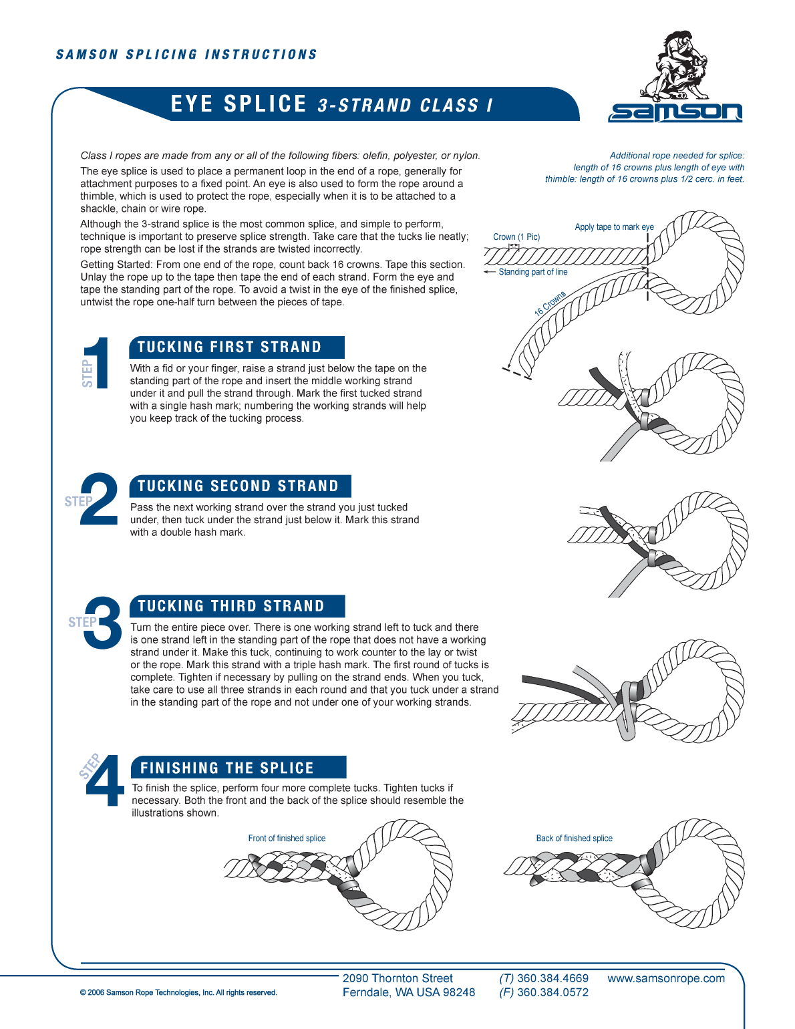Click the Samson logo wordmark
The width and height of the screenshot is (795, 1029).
point(675,112)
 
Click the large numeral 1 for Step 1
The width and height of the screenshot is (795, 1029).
point(98,363)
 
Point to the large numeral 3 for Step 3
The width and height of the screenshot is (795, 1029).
point(103,623)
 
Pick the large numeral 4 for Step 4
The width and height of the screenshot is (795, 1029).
point(105,781)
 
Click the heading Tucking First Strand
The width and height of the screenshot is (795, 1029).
point(230,347)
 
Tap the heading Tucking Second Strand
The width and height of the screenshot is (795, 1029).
point(238,486)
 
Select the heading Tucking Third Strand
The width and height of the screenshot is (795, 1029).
point(231,607)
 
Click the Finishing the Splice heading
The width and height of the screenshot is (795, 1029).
point(227,768)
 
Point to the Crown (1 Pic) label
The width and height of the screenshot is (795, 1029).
point(516,237)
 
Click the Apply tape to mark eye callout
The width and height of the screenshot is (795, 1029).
point(614,227)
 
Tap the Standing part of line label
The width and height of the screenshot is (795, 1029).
point(532,272)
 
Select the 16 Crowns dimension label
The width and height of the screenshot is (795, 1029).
point(550,303)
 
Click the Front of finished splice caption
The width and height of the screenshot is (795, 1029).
point(287,839)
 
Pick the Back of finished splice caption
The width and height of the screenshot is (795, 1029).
point(574,839)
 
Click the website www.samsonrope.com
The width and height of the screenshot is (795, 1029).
point(665,979)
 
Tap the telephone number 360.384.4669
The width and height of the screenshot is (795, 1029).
point(552,979)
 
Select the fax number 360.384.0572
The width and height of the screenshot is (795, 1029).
point(552,993)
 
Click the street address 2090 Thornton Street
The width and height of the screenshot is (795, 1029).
point(397,979)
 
